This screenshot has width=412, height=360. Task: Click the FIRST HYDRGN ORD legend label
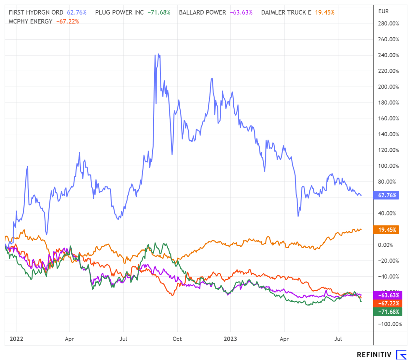36,13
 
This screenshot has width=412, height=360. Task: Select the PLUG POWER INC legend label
119,13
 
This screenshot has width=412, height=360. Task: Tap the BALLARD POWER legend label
203,13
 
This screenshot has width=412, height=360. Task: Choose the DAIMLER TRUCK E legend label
286,13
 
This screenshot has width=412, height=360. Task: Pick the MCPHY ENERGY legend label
30,21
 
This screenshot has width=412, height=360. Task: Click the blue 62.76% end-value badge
386,195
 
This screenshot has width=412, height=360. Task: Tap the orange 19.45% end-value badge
386,230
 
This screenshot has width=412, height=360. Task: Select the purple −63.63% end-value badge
386,295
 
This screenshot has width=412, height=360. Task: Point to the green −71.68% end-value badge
386,312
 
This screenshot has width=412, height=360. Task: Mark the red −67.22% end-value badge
386,303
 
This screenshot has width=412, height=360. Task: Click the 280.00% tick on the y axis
388,24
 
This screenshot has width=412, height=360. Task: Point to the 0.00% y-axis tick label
386,245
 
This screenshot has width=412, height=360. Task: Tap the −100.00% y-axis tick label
389,324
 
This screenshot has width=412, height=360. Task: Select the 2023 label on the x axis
230,339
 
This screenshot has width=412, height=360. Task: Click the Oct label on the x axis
177,339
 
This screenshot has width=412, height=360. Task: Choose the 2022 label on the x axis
17,339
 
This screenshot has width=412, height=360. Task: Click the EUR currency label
383,11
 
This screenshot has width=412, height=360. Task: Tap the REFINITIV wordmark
374,355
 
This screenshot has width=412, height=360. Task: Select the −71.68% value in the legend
159,13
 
